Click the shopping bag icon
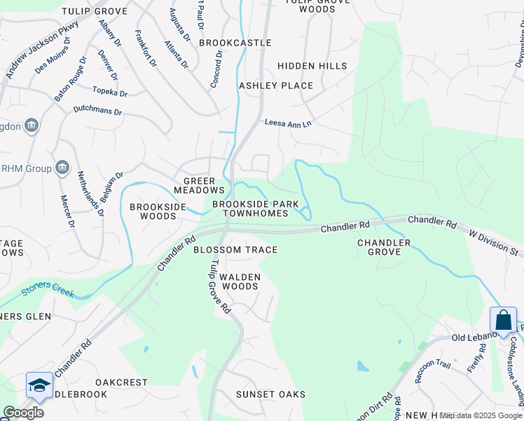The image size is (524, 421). (503, 320)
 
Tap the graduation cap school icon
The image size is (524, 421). (39, 385)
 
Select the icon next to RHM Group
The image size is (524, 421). (62, 167)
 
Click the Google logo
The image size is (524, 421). (23, 413)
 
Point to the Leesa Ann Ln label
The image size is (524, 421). (287, 123)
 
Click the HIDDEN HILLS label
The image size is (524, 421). (312, 66)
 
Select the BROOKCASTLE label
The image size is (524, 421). (235, 43)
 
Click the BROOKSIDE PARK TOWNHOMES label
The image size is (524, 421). (250, 208)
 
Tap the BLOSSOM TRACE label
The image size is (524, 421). (235, 250)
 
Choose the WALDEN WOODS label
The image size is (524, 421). (240, 281)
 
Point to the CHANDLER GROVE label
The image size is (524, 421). (384, 248)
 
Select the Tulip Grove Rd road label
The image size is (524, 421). (218, 285)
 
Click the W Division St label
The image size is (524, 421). (495, 241)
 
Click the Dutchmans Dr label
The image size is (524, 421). (97, 112)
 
